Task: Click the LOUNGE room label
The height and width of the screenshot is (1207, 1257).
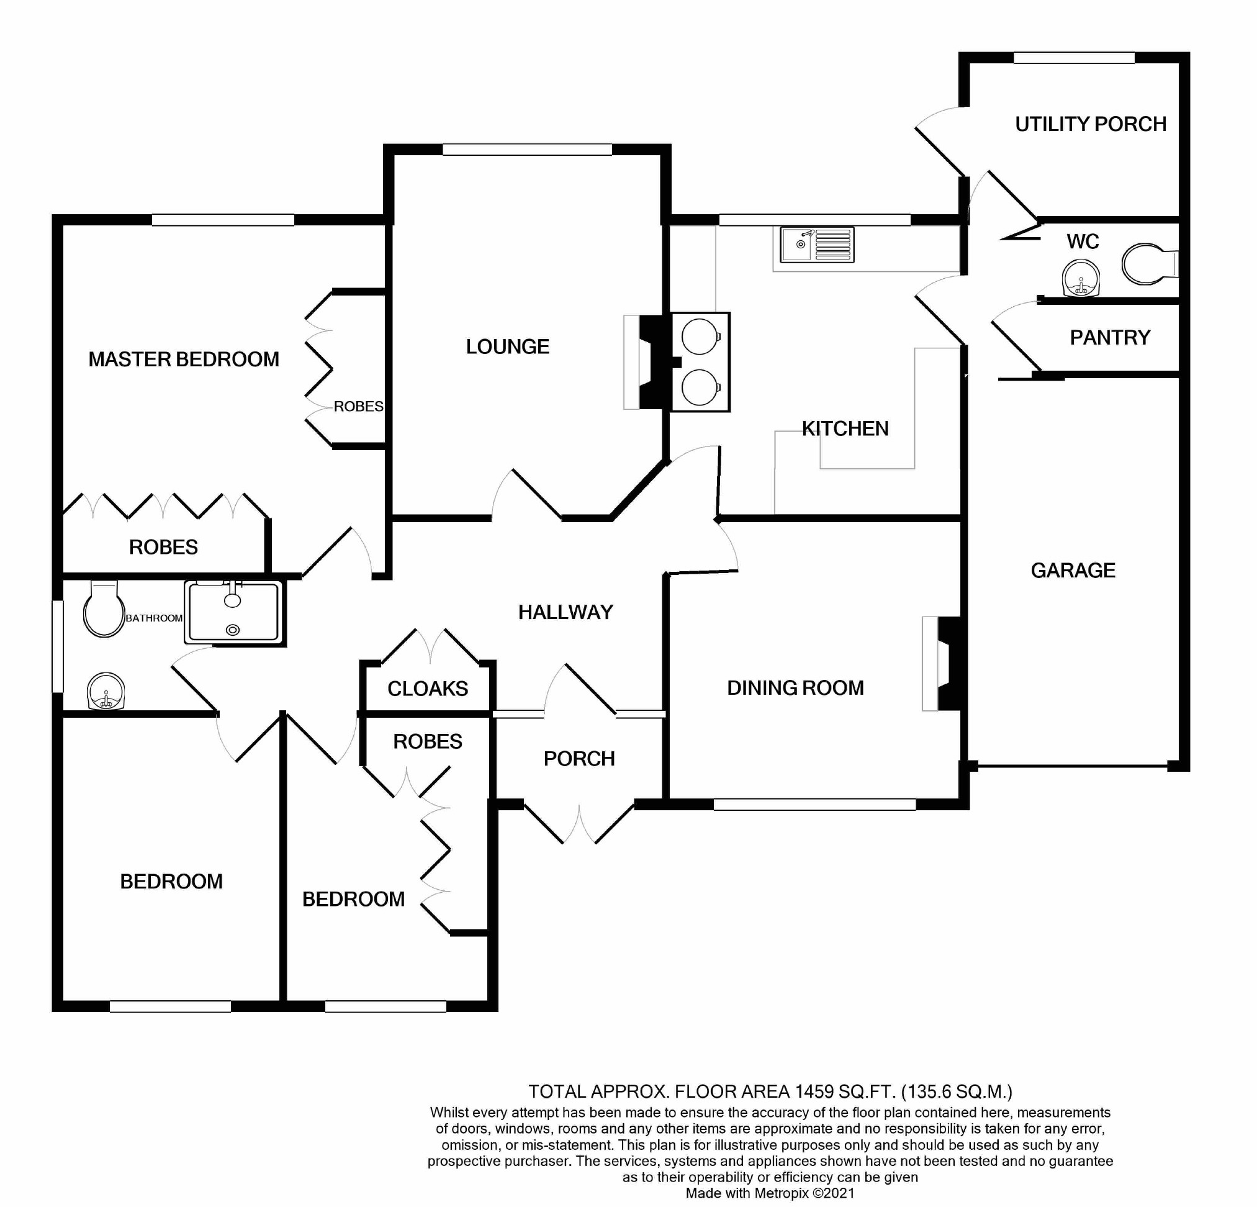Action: [x=507, y=347]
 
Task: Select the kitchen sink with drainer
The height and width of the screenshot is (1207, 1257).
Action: [x=816, y=245]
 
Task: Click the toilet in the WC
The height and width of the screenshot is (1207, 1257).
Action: [x=1148, y=263]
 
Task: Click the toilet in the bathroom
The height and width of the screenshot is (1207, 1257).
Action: [x=103, y=609]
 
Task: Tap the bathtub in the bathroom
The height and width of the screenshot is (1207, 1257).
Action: [x=233, y=612]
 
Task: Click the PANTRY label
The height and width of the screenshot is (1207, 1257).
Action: [x=1109, y=337]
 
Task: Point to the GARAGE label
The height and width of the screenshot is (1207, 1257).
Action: [x=1073, y=570]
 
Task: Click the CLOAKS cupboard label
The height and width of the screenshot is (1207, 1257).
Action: [x=428, y=689]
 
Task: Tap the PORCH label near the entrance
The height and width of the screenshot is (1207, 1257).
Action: [x=579, y=759]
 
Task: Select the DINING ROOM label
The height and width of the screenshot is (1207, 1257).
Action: [x=795, y=688]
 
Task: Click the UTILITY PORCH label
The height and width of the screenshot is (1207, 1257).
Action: [x=1090, y=124]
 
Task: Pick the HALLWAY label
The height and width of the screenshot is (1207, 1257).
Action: [x=565, y=612]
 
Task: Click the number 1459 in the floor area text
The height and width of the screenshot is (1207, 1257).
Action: [x=814, y=1091]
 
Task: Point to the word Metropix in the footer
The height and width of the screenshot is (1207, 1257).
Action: [x=780, y=1193]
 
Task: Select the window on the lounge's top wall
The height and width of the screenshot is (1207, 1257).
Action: [x=527, y=150]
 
